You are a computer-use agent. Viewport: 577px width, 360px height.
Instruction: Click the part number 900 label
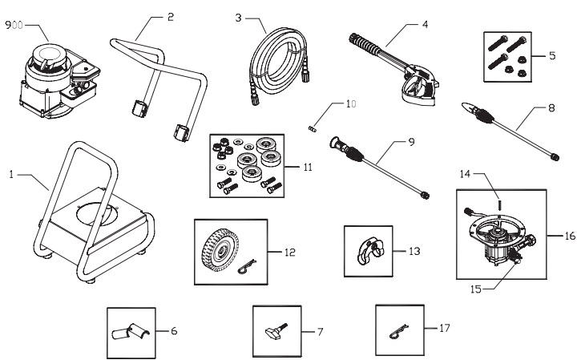pos(14,25)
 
